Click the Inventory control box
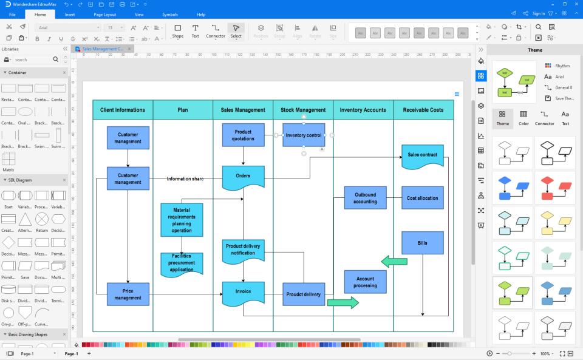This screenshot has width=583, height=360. [304, 135]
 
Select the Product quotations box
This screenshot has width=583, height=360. [243, 135]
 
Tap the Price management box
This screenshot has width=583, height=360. [128, 294]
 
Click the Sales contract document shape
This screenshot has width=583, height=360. [422, 155]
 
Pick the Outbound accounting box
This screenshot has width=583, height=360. [365, 198]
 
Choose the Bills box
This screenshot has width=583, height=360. [422, 243]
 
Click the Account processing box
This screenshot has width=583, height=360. [365, 282]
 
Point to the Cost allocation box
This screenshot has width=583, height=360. [422, 198]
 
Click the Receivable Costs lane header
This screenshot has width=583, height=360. [423, 110]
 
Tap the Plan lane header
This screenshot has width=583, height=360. [183, 110]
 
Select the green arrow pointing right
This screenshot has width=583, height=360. [343, 303]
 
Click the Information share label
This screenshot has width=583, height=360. [185, 179]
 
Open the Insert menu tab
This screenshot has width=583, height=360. [70, 14]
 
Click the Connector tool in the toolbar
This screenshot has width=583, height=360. [215, 31]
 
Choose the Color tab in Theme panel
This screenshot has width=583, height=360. [523, 117]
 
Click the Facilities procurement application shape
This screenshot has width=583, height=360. [182, 263]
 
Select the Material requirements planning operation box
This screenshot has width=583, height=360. [182, 220]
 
